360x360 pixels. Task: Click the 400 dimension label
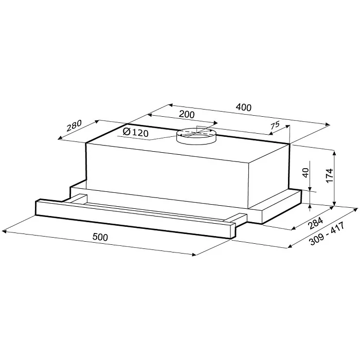244,107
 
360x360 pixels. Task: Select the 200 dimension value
187,114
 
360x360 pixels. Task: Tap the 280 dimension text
74,125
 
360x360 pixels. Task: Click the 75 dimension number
275,125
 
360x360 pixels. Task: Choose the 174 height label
330,175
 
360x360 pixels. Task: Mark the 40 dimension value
305,172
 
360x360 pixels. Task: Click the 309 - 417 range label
327,233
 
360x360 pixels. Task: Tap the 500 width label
100,237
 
